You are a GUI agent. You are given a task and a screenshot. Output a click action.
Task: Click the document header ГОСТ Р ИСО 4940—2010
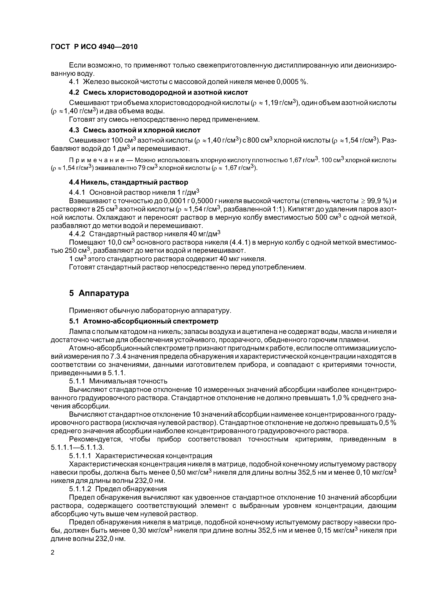[x=94, y=47]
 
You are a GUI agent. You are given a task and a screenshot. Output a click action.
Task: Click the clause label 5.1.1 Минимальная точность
[x=118, y=381]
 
